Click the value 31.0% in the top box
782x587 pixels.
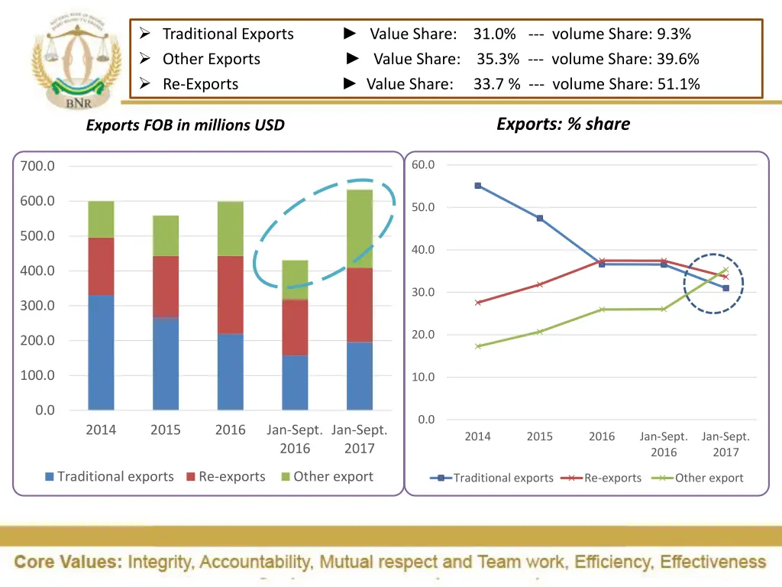(x=494, y=34)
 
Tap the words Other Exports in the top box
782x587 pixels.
(x=211, y=59)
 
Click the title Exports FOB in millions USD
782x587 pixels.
(x=185, y=125)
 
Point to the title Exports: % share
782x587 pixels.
(x=563, y=124)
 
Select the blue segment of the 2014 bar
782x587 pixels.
(x=101, y=352)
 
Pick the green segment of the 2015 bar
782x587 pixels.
(x=166, y=235)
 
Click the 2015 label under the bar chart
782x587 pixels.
(x=166, y=430)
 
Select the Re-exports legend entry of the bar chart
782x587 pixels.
(x=225, y=476)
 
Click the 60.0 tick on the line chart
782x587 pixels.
(x=423, y=165)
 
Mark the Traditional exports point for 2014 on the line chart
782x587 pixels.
(x=478, y=186)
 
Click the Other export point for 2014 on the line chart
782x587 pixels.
(x=478, y=346)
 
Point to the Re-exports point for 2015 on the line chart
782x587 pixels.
(x=540, y=284)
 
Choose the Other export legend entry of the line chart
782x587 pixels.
(x=700, y=478)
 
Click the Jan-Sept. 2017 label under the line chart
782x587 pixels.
(x=725, y=444)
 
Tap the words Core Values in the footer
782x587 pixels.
(x=68, y=563)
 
